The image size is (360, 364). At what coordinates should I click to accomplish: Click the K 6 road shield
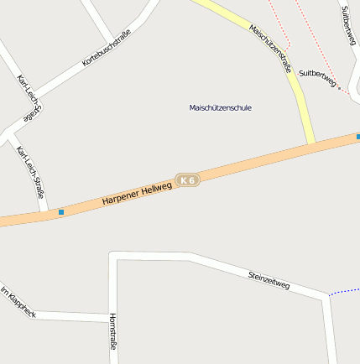pos(187,179)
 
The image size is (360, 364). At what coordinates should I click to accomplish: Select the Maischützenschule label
pos(221,107)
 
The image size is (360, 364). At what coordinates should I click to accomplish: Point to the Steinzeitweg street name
pos(269,280)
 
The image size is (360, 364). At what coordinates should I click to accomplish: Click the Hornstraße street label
pos(113,330)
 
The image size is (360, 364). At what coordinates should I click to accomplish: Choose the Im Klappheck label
pos(18,302)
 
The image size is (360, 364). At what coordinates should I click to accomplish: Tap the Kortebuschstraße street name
pos(107,49)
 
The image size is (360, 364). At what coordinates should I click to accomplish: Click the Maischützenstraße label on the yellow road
pos(269,48)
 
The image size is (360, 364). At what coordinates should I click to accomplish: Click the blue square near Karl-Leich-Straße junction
pos(61,212)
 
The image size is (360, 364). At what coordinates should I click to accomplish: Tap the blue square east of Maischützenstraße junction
pos(357,136)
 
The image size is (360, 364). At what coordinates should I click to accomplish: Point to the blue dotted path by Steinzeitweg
pos(344,291)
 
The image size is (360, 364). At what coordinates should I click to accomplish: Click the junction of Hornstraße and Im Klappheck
pos(111,317)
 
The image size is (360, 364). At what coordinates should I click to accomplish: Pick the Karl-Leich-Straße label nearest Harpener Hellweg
pos(32,175)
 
